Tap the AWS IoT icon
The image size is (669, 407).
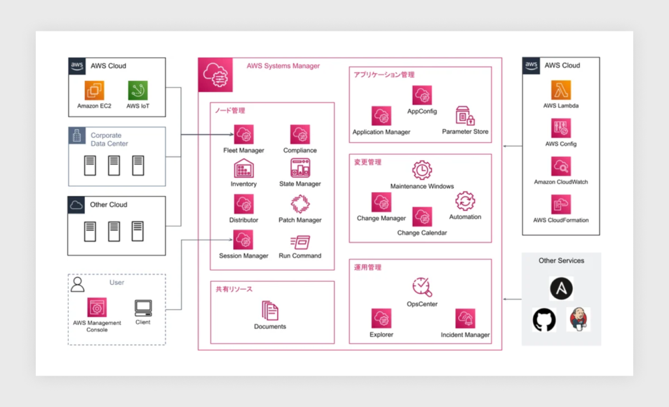[x=138, y=90]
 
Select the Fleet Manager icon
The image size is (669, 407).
[x=244, y=135]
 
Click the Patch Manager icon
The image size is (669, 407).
[x=300, y=204]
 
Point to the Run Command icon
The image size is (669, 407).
[x=300, y=241]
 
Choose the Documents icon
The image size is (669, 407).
[x=270, y=310]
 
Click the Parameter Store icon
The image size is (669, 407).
[x=465, y=116]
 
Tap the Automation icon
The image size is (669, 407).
[x=465, y=201]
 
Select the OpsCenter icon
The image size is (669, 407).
[x=422, y=287]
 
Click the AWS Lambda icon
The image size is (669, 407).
[x=561, y=90]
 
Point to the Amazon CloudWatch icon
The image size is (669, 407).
[x=561, y=167]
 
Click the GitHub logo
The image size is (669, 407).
[x=544, y=320]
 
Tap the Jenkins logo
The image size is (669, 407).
[x=578, y=319]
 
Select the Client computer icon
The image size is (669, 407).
[x=143, y=307]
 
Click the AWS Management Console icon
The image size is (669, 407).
[x=97, y=307]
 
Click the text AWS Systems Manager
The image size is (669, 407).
[x=283, y=66]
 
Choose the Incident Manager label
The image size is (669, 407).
[x=465, y=335]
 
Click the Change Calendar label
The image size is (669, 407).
[x=422, y=233]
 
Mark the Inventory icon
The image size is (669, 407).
[x=244, y=169]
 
